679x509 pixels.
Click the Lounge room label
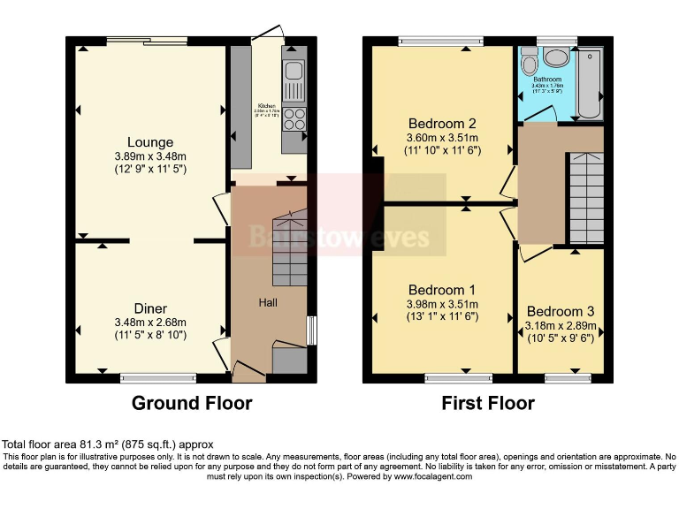pyautogui.click(x=149, y=142)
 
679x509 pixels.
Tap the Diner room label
pyautogui.click(x=149, y=308)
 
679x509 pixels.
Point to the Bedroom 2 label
pyautogui.click(x=442, y=124)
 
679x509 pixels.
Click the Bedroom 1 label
pyautogui.click(x=442, y=290)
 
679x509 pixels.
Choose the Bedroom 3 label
pyautogui.click(x=561, y=311)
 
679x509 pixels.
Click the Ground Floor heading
pyautogui.click(x=192, y=404)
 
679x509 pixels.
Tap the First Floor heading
pyautogui.click(x=488, y=404)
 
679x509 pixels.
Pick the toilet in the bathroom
pyautogui.click(x=530, y=61)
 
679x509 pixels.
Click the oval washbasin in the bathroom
pyautogui.click(x=558, y=58)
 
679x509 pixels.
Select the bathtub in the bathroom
pyautogui.click(x=590, y=84)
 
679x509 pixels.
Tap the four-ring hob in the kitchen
pyautogui.click(x=294, y=118)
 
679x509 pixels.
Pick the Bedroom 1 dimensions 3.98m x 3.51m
pyautogui.click(x=442, y=304)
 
